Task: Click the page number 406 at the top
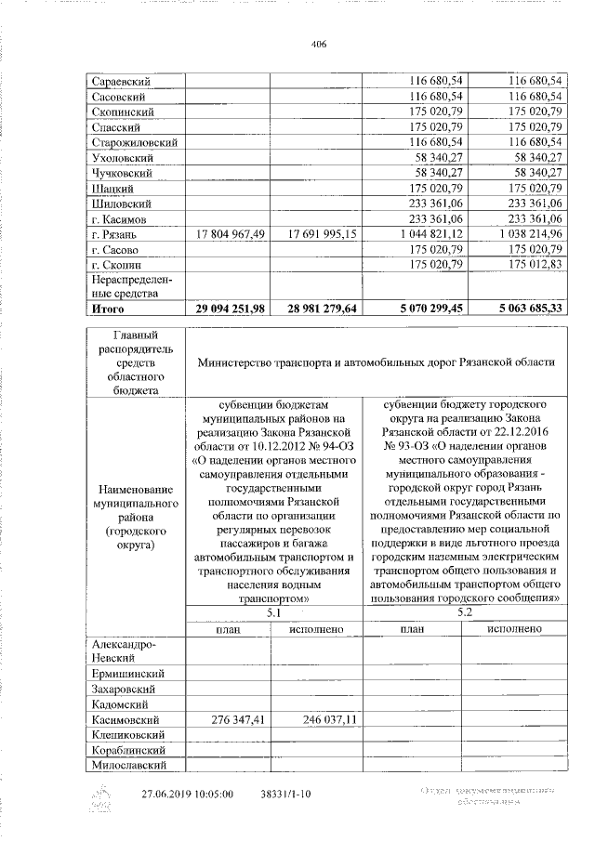319,44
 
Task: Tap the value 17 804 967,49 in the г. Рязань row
228,234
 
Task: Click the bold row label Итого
108,307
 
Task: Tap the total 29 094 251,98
226,307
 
